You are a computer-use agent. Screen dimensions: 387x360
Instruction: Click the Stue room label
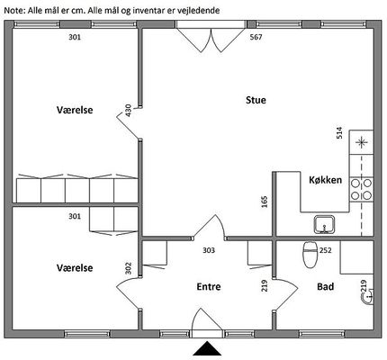pyautogui.click(x=256, y=100)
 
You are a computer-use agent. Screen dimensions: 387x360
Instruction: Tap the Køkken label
pyautogui.click(x=325, y=180)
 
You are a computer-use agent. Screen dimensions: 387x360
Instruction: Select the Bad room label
pyautogui.click(x=326, y=286)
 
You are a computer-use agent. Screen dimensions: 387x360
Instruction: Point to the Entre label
pyautogui.click(x=209, y=286)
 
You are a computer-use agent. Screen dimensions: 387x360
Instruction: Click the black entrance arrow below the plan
pyautogui.click(x=207, y=348)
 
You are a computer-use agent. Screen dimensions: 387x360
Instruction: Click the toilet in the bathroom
pyautogui.click(x=310, y=255)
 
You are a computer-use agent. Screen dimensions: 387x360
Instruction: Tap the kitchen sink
pyautogui.click(x=324, y=224)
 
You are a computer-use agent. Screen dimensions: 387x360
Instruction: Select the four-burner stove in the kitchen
pyautogui.click(x=361, y=189)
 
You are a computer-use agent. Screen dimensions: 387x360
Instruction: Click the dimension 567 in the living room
pyautogui.click(x=256, y=37)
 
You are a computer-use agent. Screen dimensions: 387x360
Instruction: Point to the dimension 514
pyautogui.click(x=339, y=133)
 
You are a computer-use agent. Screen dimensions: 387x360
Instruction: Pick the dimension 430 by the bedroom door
pyautogui.click(x=128, y=111)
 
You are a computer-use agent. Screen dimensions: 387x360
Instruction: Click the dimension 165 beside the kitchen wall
pyautogui.click(x=265, y=202)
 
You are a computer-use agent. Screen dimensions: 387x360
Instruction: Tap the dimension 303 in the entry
pyautogui.click(x=209, y=250)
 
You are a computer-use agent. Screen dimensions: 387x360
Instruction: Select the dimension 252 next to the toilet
pyautogui.click(x=326, y=250)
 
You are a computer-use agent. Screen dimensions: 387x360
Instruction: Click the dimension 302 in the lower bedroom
pyautogui.click(x=128, y=268)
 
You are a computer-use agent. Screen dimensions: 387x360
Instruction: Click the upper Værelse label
pyautogui.click(x=75, y=110)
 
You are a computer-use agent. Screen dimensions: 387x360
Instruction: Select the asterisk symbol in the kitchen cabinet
pyautogui.click(x=361, y=142)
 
